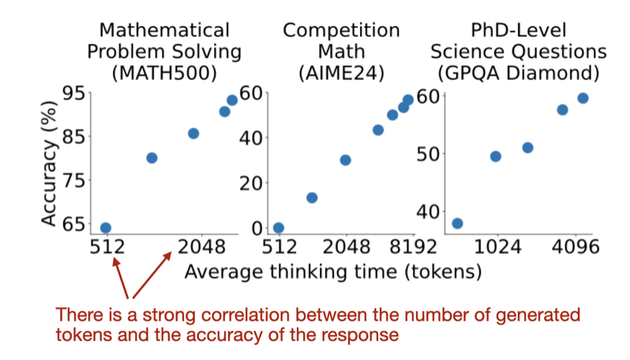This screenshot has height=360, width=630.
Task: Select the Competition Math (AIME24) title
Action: click(341, 51)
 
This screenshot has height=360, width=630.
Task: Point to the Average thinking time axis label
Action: click(332, 272)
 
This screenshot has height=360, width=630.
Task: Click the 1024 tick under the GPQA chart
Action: click(497, 248)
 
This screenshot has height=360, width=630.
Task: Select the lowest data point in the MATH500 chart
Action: click(106, 228)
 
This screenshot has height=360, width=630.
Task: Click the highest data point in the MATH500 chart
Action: click(232, 100)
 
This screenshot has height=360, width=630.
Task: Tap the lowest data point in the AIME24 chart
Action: click(278, 228)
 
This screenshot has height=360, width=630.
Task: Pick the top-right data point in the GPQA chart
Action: click(583, 98)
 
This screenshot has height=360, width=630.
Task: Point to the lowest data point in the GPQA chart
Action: click(457, 223)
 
